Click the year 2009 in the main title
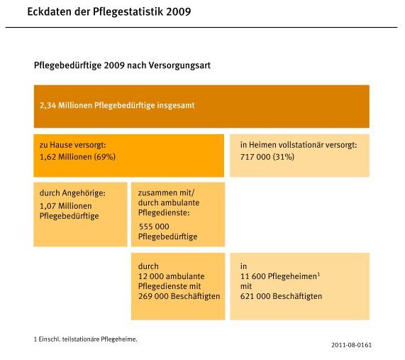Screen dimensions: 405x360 (179, 11)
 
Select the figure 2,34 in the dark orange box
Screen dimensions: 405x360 (48, 105)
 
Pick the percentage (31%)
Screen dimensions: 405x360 (283, 157)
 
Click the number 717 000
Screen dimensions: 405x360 (255, 157)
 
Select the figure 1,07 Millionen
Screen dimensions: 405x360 (65, 206)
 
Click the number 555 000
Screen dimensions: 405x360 (154, 227)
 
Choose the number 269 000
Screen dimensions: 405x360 (153, 296)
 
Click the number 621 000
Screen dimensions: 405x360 (255, 296)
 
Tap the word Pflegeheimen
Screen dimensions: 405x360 (292, 276)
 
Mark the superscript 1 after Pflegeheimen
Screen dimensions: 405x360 (318, 274)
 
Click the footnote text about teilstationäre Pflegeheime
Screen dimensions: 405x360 (86, 339)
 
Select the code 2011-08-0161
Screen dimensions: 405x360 (352, 345)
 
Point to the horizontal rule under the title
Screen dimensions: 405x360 (201, 27)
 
